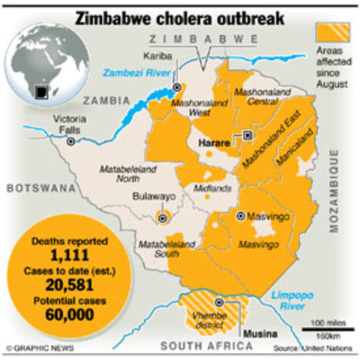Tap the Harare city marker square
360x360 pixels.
[x=247, y=136]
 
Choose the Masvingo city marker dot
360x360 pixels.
[x=240, y=216]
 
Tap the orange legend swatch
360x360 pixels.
[x=332, y=31]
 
